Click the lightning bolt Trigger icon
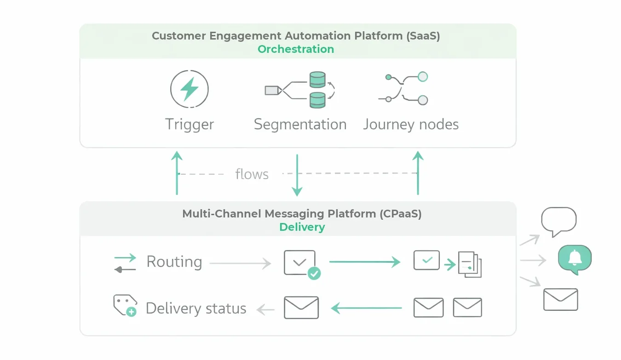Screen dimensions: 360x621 [x=189, y=89]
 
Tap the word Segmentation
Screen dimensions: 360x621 [x=300, y=124]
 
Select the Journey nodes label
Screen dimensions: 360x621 [x=411, y=124]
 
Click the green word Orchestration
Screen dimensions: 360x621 [x=296, y=49]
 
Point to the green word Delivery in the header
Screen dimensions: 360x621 [x=302, y=227]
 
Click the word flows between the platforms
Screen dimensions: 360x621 [x=252, y=174]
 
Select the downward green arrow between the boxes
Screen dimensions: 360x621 [x=297, y=175]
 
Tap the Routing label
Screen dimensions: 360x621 [x=174, y=262]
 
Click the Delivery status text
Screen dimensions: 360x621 [x=196, y=308]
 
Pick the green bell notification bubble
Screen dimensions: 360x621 [x=575, y=259]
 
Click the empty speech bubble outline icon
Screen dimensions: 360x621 [x=558, y=221]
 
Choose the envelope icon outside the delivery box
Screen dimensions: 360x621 [x=560, y=299]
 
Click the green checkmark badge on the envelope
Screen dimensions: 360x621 [x=314, y=273]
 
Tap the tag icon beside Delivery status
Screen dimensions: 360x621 [x=125, y=305]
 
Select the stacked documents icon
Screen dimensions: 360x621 [x=470, y=264]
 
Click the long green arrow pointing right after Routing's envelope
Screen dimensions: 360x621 [x=365, y=262]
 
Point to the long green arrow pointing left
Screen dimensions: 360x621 [x=367, y=308]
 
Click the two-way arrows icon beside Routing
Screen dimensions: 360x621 [x=125, y=263]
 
